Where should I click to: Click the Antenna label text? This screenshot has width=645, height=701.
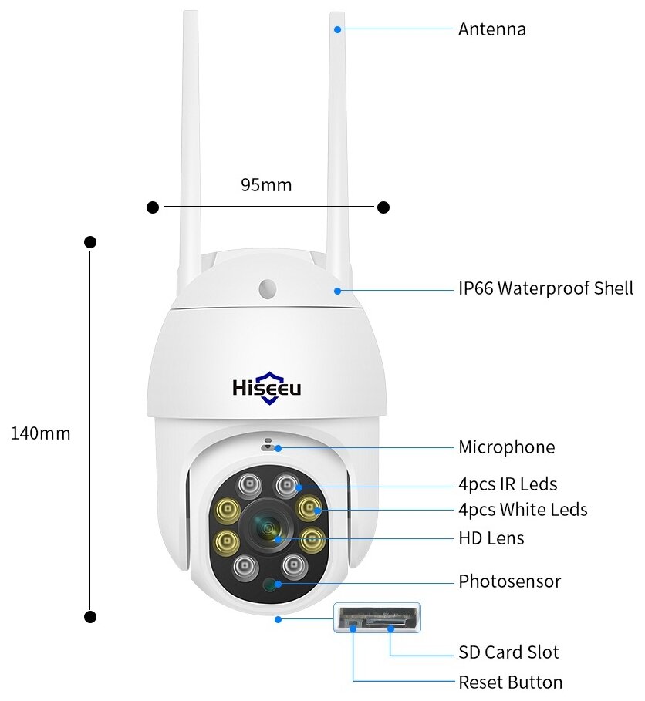(x=491, y=29)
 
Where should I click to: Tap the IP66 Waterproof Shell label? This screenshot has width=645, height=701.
(x=545, y=288)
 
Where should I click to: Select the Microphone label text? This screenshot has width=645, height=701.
(x=506, y=447)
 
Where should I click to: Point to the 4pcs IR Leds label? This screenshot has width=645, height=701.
(x=507, y=484)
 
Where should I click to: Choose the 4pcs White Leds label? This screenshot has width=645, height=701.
(x=522, y=509)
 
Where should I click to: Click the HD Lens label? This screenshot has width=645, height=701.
(x=491, y=538)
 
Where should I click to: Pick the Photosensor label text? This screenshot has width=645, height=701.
(x=509, y=581)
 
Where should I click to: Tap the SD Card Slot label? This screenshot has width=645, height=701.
(x=508, y=652)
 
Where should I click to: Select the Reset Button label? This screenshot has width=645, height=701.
(x=510, y=682)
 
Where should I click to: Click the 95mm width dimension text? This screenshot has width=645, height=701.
(x=266, y=185)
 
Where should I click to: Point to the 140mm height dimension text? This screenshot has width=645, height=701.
(x=40, y=433)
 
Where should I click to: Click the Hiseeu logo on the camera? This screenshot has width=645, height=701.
(x=267, y=388)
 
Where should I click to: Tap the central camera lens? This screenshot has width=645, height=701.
(x=268, y=528)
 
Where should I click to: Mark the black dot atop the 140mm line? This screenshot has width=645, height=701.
(x=90, y=241)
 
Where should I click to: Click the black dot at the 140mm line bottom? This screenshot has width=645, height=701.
(x=90, y=617)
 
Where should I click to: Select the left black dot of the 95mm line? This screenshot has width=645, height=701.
(x=153, y=207)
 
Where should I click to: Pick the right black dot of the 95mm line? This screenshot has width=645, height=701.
(x=383, y=207)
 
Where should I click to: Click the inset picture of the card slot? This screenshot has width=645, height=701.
(x=377, y=617)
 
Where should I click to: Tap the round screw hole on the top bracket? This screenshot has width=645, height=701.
(x=268, y=288)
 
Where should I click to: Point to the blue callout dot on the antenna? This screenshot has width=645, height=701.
(x=337, y=30)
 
